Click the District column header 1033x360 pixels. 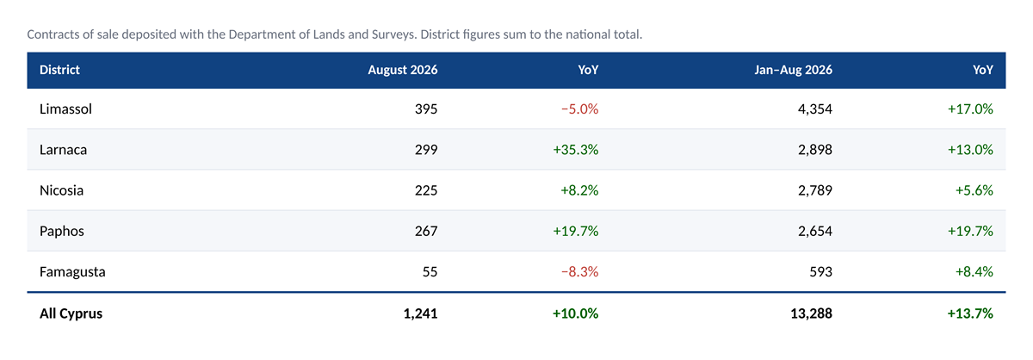pyautogui.click(x=59, y=70)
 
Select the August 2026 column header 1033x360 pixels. pyautogui.click(x=403, y=70)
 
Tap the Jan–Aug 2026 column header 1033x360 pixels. pyautogui.click(x=793, y=70)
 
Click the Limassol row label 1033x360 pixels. pyautogui.click(x=65, y=109)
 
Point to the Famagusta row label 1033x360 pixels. pyautogui.click(x=72, y=271)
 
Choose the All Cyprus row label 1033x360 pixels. pyautogui.click(x=71, y=313)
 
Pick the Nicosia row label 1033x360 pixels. pyautogui.click(x=61, y=190)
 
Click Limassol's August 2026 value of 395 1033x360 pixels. pyautogui.click(x=426, y=109)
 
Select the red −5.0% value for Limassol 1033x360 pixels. pyautogui.click(x=579, y=109)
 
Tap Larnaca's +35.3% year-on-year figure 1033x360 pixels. pyautogui.click(x=576, y=150)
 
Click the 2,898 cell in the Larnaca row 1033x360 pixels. pyautogui.click(x=815, y=150)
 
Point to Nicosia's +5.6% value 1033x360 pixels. pyautogui.click(x=974, y=190)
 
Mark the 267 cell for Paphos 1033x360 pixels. pyautogui.click(x=426, y=231)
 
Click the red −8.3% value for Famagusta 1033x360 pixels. pyautogui.click(x=579, y=271)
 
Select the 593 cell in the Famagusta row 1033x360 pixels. pyautogui.click(x=821, y=271)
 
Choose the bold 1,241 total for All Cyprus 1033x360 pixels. pyautogui.click(x=421, y=313)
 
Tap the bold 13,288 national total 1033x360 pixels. pyautogui.click(x=812, y=313)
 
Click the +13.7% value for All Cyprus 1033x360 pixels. pyautogui.click(x=970, y=313)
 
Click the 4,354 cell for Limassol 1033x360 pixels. pyautogui.click(x=815, y=109)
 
